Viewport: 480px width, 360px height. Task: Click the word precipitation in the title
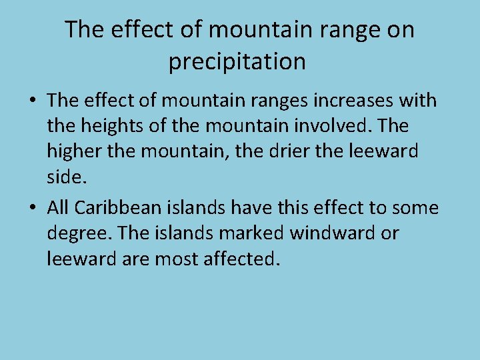point(237,62)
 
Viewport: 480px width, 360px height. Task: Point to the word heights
point(121,126)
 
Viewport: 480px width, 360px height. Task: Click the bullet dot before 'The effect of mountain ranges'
point(31,101)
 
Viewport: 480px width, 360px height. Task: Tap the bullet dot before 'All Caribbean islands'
point(31,209)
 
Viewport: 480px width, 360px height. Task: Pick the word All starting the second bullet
point(58,208)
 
